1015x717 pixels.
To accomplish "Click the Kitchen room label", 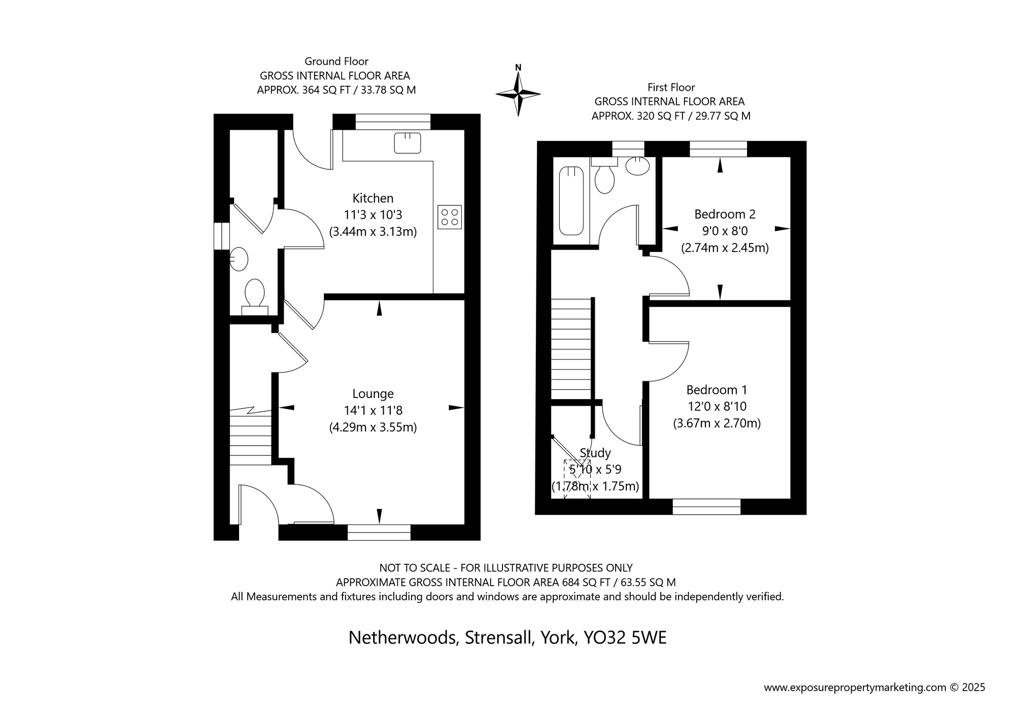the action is (373, 198).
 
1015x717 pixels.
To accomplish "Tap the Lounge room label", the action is (373, 394).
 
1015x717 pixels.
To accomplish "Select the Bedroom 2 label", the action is (725, 214).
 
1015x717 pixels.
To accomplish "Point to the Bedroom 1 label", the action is (717, 390).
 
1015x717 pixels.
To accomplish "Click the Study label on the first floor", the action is (595, 453).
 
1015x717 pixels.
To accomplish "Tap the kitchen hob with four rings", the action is (450, 217).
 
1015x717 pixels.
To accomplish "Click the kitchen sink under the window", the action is (408, 142).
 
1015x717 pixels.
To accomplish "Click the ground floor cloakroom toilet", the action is (254, 297).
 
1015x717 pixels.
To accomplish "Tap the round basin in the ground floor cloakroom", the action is (239, 259).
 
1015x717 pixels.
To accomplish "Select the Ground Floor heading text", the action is (336, 61).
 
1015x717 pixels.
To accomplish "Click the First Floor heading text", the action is (671, 87).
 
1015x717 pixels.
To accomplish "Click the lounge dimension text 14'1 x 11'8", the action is (373, 410).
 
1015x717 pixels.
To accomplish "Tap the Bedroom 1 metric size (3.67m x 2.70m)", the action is (717, 423).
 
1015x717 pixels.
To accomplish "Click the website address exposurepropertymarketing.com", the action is (855, 688).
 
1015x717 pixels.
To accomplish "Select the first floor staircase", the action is (572, 349).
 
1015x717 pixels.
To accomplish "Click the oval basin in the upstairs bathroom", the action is (638, 166).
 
